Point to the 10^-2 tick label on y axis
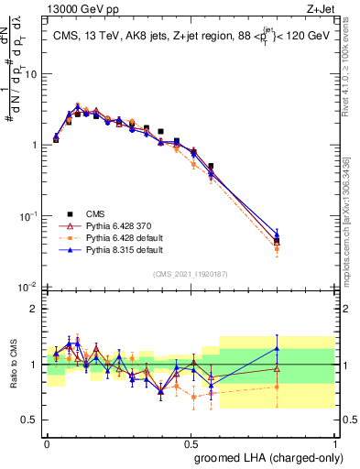31,287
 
